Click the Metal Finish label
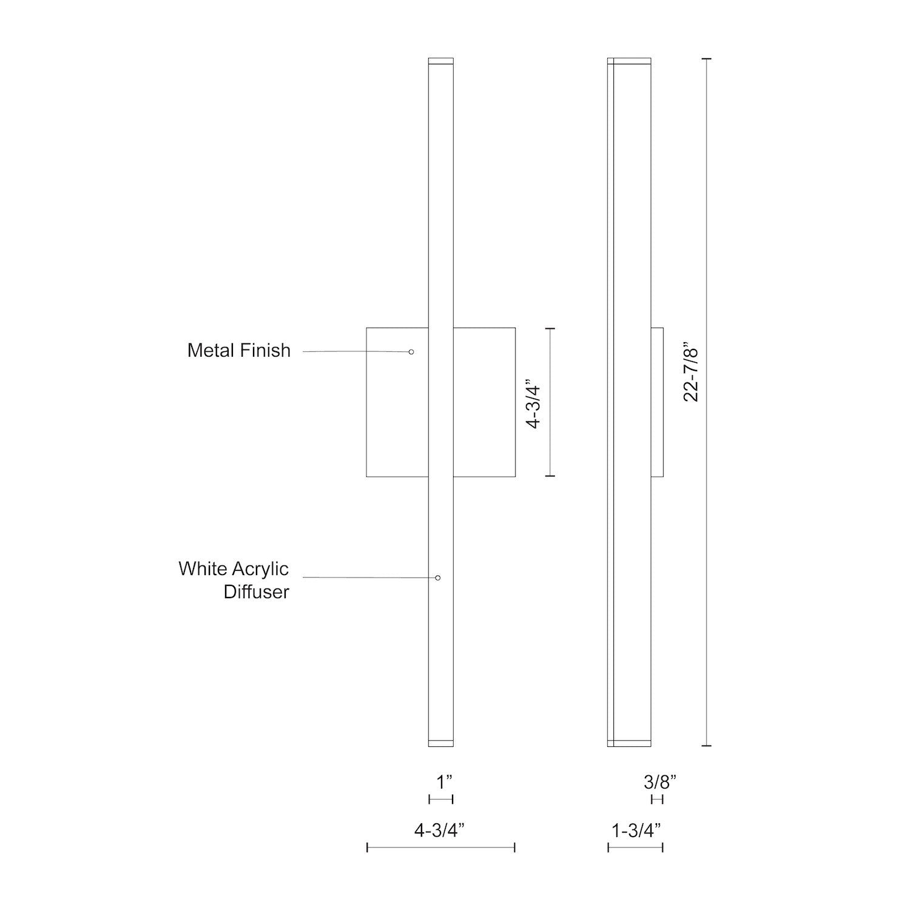238,351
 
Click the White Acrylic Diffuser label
234,580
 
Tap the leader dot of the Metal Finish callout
411,352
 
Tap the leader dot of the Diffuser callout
438,578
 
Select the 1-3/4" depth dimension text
636,831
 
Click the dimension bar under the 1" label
441,800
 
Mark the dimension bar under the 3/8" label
657,800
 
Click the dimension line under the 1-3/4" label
635,848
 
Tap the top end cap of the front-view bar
441,61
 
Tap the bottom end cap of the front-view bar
441,743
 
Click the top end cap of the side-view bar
629,61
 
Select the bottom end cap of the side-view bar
629,743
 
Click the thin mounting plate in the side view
658,402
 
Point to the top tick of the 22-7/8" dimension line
706,58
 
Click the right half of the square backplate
484,402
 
